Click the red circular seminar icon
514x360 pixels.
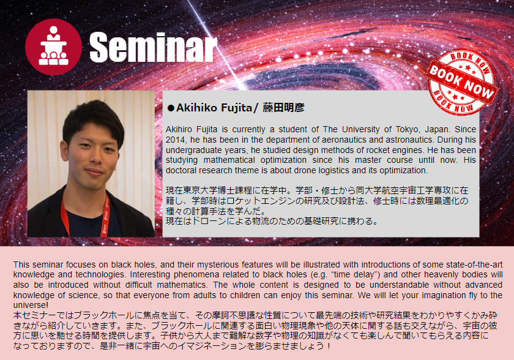pos(53,47)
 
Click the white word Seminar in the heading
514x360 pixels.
pos(153,47)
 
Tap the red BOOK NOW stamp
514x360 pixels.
pos(461,82)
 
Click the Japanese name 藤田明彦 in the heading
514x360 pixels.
pos(283,108)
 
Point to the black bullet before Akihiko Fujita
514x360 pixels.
pos(171,108)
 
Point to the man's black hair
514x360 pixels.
pos(94,120)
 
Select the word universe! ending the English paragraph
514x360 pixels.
pos(31,306)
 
